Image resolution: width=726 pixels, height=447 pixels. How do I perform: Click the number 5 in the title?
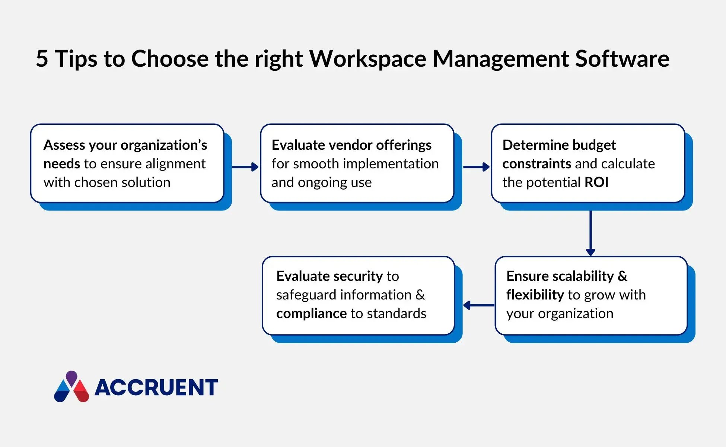[x=42, y=59]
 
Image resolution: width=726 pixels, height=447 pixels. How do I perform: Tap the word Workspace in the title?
[x=367, y=59]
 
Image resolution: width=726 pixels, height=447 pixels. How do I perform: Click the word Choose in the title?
[x=170, y=59]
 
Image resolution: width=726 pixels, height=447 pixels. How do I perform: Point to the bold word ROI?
[x=596, y=183]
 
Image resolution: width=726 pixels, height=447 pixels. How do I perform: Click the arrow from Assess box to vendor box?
[x=245, y=167]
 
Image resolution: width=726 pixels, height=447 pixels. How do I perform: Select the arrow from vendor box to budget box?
[x=476, y=167]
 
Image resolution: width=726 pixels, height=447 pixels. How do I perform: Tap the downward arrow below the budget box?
[x=590, y=233]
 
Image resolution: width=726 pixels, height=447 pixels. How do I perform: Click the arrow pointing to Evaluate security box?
[x=479, y=305]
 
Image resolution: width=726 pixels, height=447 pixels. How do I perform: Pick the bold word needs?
[x=62, y=164]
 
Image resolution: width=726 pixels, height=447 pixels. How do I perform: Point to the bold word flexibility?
[x=535, y=295]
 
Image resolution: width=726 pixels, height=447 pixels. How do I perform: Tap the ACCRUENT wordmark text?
[x=156, y=387]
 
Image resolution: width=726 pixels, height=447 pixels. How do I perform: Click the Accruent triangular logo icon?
[x=71, y=387]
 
